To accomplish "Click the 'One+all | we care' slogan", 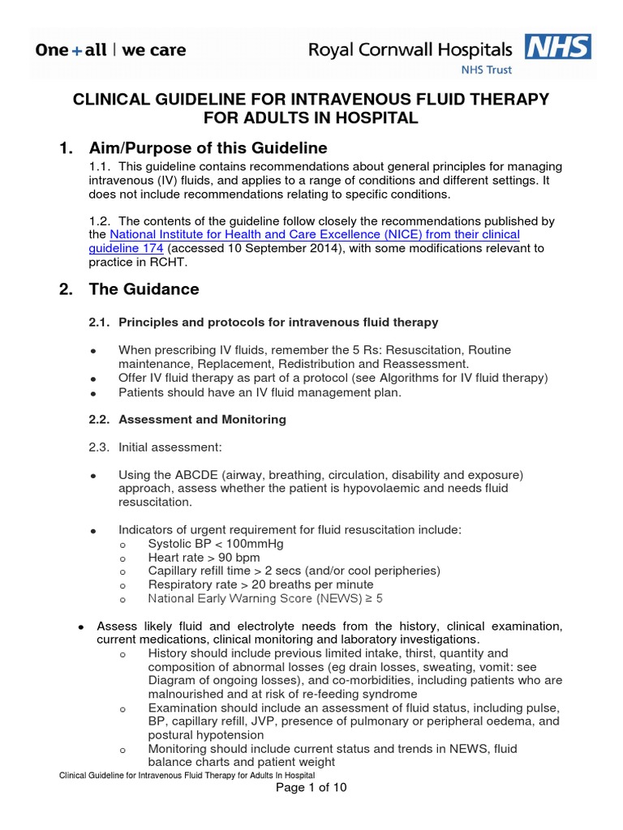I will click(110, 50).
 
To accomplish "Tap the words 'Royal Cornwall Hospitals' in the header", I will click(410, 50).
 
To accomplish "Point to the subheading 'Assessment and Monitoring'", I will click(202, 420).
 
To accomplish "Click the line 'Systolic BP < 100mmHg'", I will click(216, 543).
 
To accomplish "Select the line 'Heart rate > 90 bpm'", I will click(204, 557).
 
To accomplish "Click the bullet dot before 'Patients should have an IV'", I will click(94, 393).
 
